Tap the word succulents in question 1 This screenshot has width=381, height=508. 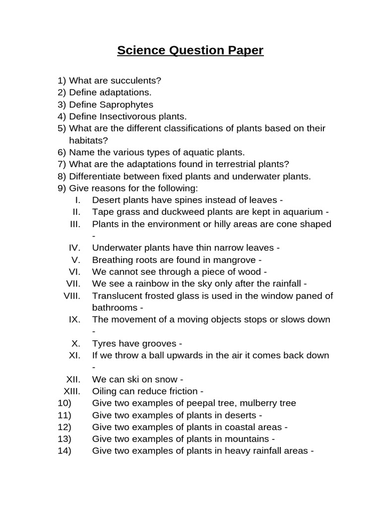coord(134,80)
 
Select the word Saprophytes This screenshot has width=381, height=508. coord(127,105)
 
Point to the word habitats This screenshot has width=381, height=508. coord(88,140)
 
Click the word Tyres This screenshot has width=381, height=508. coord(104,343)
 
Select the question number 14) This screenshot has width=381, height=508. coord(64,451)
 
